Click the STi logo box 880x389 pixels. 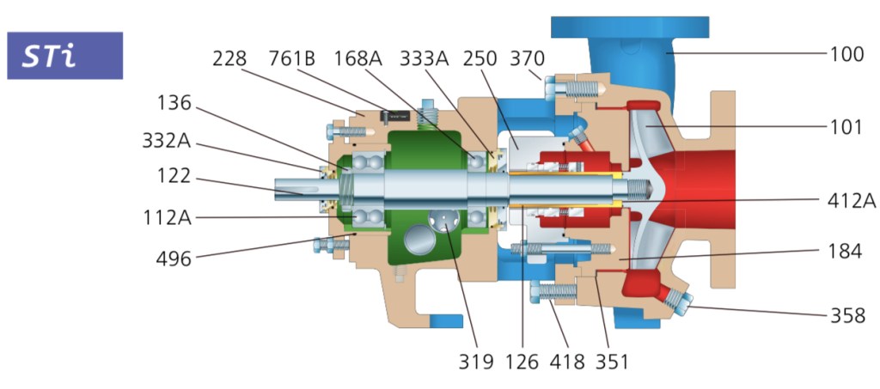(x=64, y=56)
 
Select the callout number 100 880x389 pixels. (x=846, y=55)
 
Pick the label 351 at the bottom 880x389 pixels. (x=612, y=362)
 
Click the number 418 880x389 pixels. (x=566, y=362)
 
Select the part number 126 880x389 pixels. (x=521, y=362)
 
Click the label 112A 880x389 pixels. (x=168, y=218)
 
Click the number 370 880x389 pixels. (x=526, y=59)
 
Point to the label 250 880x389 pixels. (x=480, y=59)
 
